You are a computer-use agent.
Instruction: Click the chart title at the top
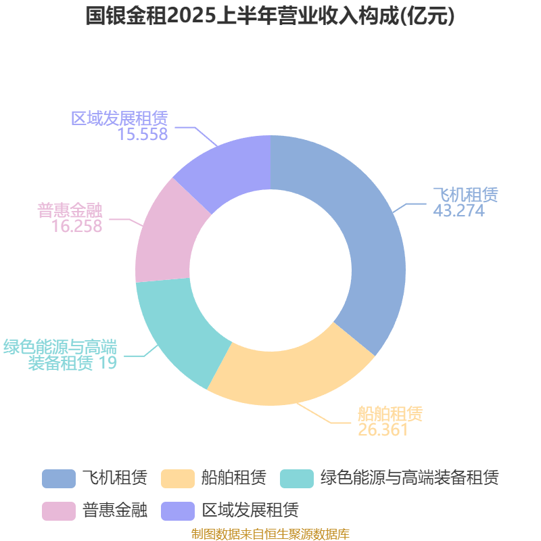(x=270, y=16)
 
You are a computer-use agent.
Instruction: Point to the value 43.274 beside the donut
(x=459, y=210)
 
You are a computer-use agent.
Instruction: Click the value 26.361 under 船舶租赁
(x=383, y=429)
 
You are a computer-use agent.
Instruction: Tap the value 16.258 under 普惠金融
(x=76, y=226)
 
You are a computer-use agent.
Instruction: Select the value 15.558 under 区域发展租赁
(x=143, y=134)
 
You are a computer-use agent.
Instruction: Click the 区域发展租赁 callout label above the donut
(x=120, y=118)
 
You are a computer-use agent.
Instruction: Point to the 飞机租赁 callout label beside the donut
(x=465, y=195)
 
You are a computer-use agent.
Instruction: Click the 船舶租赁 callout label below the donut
(x=390, y=414)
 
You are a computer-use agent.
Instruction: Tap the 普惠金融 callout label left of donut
(x=70, y=210)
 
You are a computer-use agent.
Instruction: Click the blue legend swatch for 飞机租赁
(x=59, y=479)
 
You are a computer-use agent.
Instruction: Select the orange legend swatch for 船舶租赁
(x=178, y=479)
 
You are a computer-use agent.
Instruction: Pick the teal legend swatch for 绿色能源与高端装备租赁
(x=297, y=479)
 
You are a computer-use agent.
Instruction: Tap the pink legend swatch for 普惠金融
(x=59, y=511)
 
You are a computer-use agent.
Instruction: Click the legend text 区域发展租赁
(x=250, y=510)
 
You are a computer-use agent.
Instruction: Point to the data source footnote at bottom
(x=270, y=534)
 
